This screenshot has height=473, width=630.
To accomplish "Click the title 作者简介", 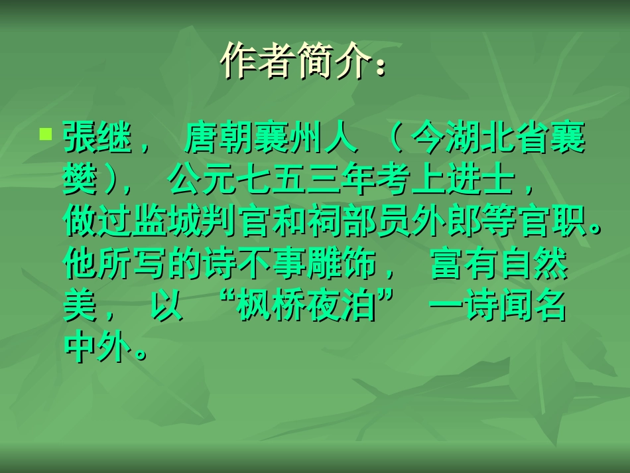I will [x=302, y=62].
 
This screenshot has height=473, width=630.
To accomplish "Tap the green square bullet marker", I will [x=45, y=134].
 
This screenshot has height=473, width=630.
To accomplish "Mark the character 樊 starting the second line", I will [x=81, y=181].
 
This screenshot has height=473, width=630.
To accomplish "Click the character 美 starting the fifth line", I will [x=81, y=308].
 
